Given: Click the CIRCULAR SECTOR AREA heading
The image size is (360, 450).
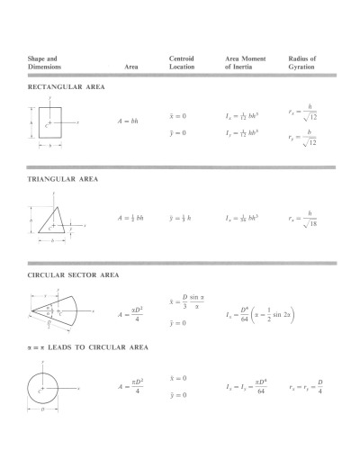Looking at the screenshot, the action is tap(73, 274).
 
